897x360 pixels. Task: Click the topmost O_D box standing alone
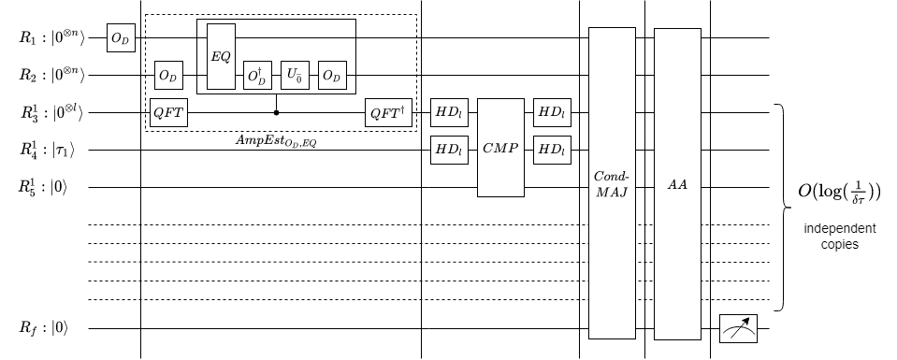(x=121, y=39)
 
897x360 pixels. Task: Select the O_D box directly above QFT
(x=168, y=75)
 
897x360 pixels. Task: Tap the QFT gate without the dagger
(x=169, y=113)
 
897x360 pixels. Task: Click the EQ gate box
(x=221, y=57)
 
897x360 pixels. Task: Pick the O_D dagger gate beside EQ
(x=257, y=75)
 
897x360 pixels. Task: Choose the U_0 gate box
(x=295, y=75)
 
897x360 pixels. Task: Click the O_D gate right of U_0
(x=332, y=75)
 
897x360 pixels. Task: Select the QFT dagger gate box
(x=388, y=113)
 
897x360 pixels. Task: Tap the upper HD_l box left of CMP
(x=449, y=113)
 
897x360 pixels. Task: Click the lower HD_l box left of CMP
(x=449, y=150)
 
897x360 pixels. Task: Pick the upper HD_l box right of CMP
(x=552, y=113)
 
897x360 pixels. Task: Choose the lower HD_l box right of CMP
(x=552, y=150)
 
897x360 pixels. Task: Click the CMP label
(x=500, y=150)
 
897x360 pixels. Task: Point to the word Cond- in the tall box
(x=612, y=177)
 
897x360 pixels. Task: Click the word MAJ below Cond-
(x=612, y=192)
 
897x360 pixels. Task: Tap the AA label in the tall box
(x=677, y=184)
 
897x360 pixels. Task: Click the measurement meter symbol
(x=738, y=329)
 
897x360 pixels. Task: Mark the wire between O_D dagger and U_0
(x=276, y=75)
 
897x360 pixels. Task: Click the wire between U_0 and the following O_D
(x=313, y=75)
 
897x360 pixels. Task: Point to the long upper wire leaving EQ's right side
(x=295, y=38)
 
